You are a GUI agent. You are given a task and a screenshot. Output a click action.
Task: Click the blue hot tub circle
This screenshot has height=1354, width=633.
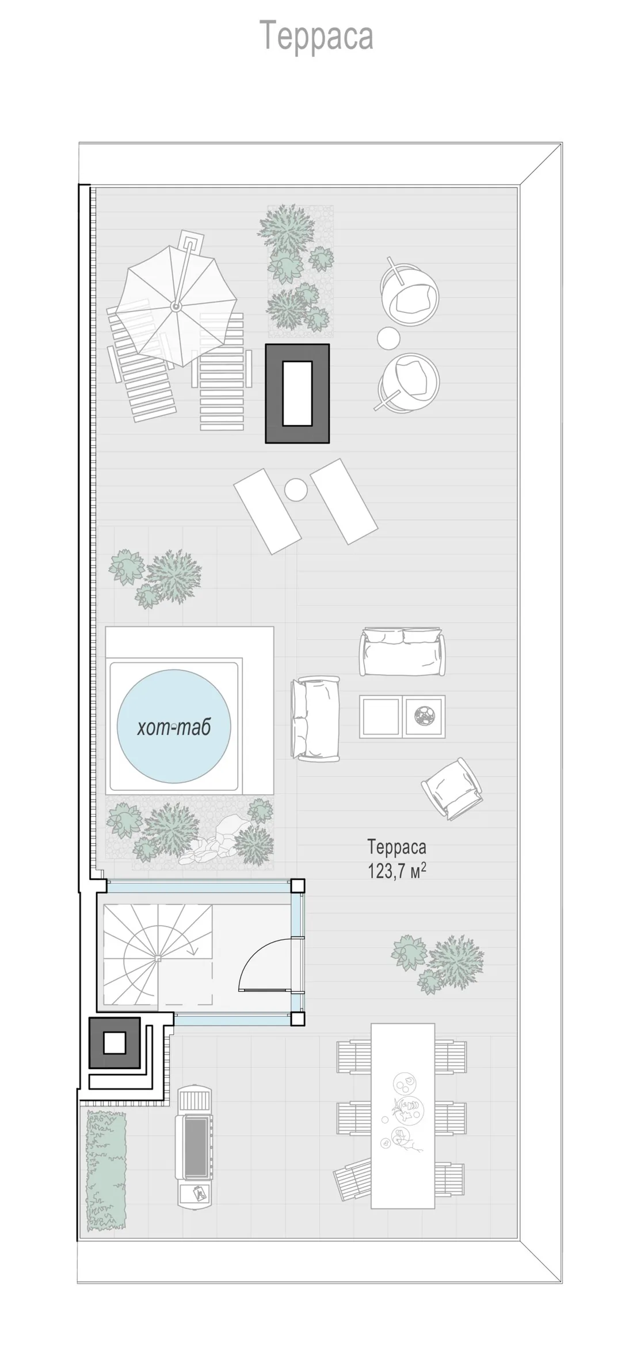pyautogui.click(x=174, y=726)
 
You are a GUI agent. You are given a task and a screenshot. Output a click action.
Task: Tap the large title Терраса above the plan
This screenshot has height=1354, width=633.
pyautogui.click(x=316, y=36)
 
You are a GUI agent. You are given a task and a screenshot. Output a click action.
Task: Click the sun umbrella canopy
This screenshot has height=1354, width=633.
pyautogui.click(x=177, y=306)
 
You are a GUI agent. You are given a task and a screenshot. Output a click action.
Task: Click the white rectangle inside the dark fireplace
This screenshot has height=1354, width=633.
pyautogui.click(x=297, y=393)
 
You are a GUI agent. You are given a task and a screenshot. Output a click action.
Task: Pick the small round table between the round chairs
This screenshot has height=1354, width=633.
pyautogui.click(x=389, y=338)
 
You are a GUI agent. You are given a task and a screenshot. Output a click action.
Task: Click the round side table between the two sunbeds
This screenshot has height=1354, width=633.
pyautogui.click(x=296, y=490)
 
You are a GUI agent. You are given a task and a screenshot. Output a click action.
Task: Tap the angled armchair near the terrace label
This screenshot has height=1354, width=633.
pyautogui.click(x=452, y=787)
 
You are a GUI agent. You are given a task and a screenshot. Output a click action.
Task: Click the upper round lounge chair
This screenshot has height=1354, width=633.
pyautogui.click(x=409, y=291)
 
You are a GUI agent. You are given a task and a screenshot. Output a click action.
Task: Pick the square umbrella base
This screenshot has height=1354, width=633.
pyautogui.click(x=189, y=241)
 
